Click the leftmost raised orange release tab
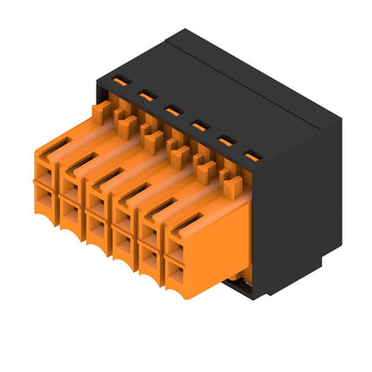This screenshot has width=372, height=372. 101,111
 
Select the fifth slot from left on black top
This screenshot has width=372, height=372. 226,140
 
